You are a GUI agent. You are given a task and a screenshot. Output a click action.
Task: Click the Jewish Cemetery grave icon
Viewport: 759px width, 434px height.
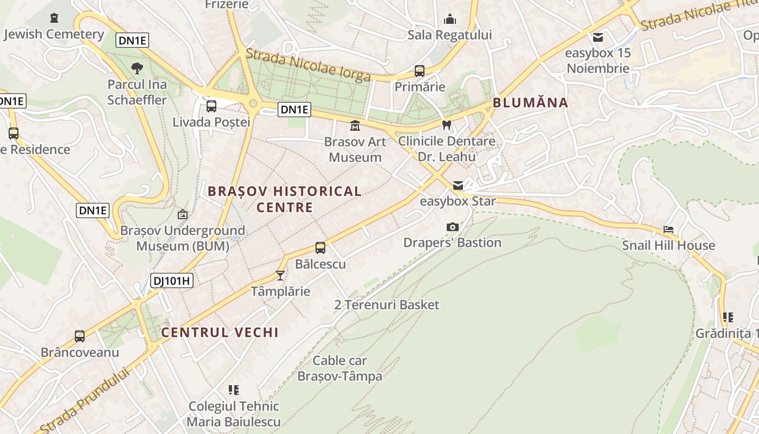(54, 18)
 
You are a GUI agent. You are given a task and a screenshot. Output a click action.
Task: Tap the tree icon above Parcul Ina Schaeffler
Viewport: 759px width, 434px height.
(137, 68)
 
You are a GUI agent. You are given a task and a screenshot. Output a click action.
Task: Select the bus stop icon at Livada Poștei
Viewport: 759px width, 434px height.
(211, 106)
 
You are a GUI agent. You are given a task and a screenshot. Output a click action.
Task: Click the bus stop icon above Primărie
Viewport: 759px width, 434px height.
(419, 71)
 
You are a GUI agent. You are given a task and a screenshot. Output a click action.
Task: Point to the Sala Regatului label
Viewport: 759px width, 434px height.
(449, 35)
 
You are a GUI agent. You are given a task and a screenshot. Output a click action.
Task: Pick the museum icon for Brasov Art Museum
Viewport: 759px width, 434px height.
(355, 126)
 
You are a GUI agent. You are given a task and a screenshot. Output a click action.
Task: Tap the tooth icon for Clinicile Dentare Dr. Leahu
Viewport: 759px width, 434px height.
(447, 125)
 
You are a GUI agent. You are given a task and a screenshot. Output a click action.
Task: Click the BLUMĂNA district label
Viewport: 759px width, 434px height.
(530, 103)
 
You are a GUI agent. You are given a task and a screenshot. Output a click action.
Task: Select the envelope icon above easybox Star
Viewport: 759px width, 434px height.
(458, 186)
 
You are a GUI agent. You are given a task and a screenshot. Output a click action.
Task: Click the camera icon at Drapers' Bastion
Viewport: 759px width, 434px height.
(452, 227)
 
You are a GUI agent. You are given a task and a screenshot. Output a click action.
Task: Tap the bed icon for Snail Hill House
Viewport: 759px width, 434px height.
(668, 229)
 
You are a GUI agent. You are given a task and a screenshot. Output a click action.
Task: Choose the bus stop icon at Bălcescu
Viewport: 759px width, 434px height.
(320, 248)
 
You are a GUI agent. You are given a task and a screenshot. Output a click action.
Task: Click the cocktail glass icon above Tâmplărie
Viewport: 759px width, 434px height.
(280, 276)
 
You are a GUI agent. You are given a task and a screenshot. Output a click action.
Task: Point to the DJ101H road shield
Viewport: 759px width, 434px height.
(171, 280)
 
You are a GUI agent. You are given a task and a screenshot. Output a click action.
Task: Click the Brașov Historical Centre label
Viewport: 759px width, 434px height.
(285, 199)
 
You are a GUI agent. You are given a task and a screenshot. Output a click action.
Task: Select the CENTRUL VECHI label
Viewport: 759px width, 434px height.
(220, 333)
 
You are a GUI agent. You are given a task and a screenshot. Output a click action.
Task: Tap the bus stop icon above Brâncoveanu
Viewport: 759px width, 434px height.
(80, 336)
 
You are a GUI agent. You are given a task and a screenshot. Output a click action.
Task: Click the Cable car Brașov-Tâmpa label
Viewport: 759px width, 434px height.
(340, 368)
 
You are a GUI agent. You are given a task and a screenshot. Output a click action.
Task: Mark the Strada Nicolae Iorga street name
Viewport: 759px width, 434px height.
(308, 65)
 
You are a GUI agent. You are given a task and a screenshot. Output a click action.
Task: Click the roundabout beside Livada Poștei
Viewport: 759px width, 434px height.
(253, 103)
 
